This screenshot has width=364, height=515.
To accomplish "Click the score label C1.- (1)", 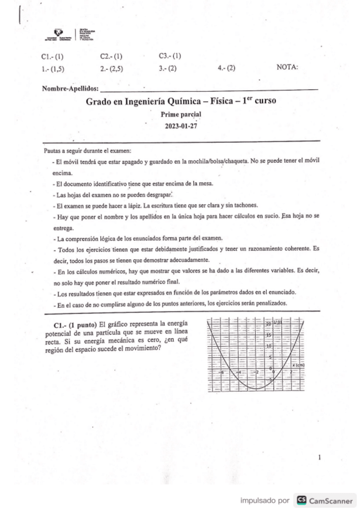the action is pos(52,56).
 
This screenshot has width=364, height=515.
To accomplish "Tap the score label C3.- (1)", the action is pos(170,56).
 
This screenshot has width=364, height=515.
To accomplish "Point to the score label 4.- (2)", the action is pos(226,68).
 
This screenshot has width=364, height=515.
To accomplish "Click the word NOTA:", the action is pos(287,67).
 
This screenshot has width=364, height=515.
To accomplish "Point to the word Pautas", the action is pos(54,151).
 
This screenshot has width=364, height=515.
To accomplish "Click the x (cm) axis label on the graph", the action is pos(297,365).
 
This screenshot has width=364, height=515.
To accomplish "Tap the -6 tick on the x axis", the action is pos(223,372).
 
